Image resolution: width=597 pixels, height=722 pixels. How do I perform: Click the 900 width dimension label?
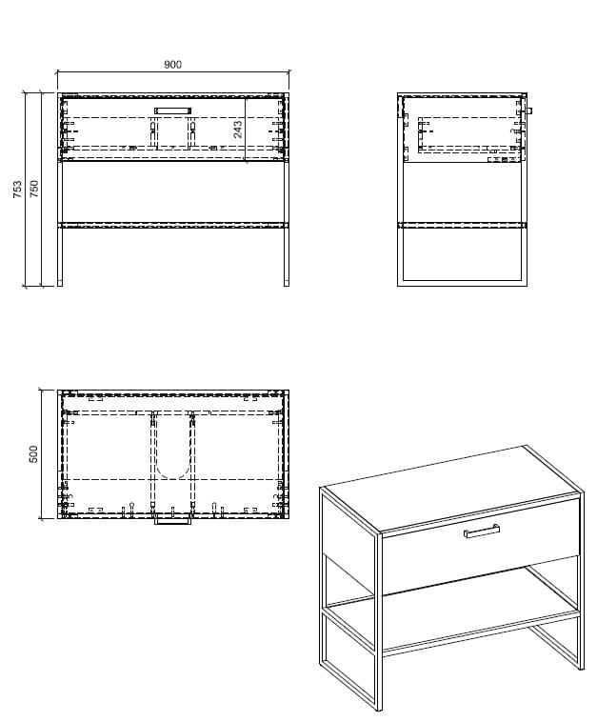pyautogui.click(x=172, y=65)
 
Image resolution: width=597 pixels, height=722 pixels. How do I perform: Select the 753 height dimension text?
pyautogui.click(x=17, y=190)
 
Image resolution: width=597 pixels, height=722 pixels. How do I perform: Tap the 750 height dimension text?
pyautogui.click(x=34, y=190)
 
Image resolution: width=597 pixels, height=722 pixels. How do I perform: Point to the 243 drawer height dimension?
pyautogui.click(x=237, y=130)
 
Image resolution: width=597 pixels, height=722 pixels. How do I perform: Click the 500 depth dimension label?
pyautogui.click(x=33, y=454)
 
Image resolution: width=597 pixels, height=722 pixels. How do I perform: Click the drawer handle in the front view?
pyautogui.click(x=172, y=110)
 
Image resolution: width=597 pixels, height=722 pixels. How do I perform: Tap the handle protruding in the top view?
pyautogui.click(x=172, y=521)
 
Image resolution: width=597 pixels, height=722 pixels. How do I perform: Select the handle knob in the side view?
pyautogui.click(x=529, y=110)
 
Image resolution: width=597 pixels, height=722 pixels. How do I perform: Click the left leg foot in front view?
pyautogui.click(x=60, y=284)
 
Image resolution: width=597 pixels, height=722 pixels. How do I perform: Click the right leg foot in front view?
pyautogui.click(x=287, y=284)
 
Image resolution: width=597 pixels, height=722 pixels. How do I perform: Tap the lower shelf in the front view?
pyautogui.click(x=173, y=225)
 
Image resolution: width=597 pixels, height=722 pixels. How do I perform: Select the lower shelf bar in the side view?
pyautogui.click(x=462, y=225)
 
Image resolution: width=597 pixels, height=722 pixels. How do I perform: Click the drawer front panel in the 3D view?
pyautogui.click(x=481, y=546)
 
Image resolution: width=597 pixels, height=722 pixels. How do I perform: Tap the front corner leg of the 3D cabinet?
pyautogui.click(x=379, y=622)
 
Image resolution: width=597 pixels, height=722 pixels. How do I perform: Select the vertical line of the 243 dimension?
pyautogui.click(x=246, y=130)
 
